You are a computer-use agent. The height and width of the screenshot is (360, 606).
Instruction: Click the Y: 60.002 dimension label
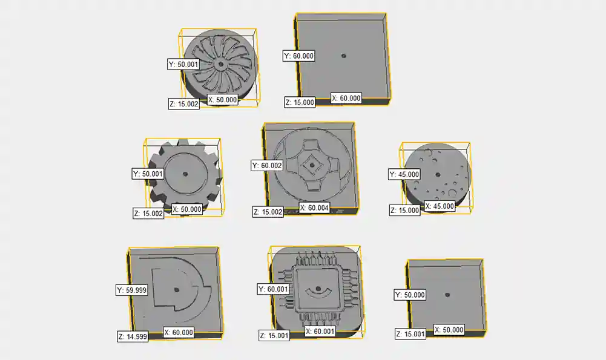pyautogui.click(x=267, y=165)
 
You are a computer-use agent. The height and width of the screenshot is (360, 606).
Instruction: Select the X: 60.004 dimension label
pyautogui.click(x=314, y=208)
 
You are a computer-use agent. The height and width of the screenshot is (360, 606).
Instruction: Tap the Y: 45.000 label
pyautogui.click(x=404, y=174)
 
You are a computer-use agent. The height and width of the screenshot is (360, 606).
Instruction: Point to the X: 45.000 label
pyautogui.click(x=440, y=206)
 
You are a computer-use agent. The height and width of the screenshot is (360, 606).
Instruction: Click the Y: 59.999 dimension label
pyautogui.click(x=132, y=290)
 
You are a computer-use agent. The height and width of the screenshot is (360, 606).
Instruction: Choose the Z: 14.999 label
pyautogui.click(x=133, y=336)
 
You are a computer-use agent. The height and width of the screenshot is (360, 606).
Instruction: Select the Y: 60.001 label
pyautogui.click(x=273, y=289)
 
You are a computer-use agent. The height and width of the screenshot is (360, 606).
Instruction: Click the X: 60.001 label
pyautogui.click(x=320, y=332)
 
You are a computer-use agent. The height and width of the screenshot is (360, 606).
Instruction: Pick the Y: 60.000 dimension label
pyautogui.click(x=298, y=56)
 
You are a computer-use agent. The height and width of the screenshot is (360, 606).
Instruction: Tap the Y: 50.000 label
pyautogui.click(x=410, y=295)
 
